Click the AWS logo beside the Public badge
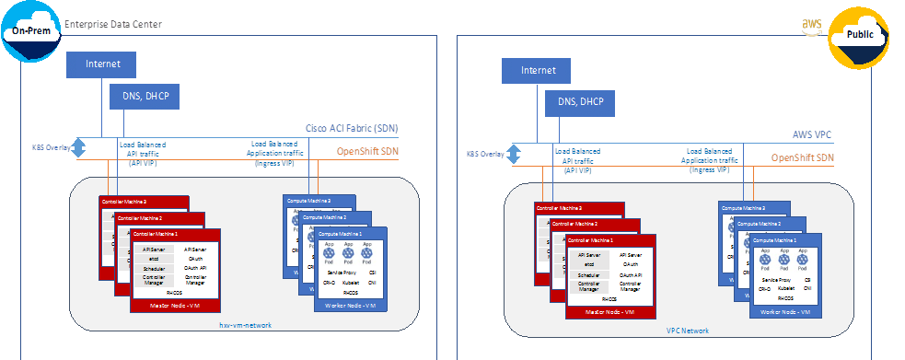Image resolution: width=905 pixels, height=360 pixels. tap(812, 25)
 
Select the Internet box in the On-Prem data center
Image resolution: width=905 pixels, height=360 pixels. tap(101, 64)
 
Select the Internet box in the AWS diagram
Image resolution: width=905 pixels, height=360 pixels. tap(538, 71)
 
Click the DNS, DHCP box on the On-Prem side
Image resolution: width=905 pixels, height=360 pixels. tap(145, 96)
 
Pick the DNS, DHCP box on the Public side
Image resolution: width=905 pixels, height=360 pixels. tap(579, 102)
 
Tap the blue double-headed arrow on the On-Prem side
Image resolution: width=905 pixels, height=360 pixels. tap(79, 147)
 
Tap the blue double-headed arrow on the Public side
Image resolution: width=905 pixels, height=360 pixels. tap(515, 154)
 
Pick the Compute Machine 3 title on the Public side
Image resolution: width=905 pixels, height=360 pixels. tap(747, 208)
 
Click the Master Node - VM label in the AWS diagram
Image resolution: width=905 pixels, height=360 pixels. tap(610, 314)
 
